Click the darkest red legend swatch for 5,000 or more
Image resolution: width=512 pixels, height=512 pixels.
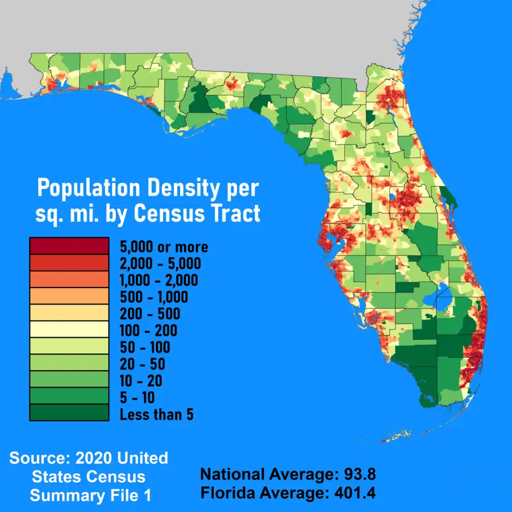click(x=69, y=246)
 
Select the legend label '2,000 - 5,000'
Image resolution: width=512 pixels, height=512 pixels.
click(x=160, y=263)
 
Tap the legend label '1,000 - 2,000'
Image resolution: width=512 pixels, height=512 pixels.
click(x=159, y=280)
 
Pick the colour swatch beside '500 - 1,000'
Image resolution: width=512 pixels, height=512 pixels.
click(x=69, y=297)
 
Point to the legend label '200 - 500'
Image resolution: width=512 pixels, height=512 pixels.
click(x=150, y=314)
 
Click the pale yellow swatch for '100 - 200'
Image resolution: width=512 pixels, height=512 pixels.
click(x=69, y=330)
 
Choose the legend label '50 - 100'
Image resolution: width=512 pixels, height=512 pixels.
click(x=145, y=348)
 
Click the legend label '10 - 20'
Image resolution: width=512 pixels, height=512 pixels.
click(x=141, y=381)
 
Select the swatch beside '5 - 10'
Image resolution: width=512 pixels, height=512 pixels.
click(x=69, y=396)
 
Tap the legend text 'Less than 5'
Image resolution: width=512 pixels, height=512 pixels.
click(x=156, y=414)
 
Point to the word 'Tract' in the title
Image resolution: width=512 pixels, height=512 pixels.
click(x=234, y=214)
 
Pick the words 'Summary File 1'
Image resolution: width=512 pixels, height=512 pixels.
click(x=90, y=495)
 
